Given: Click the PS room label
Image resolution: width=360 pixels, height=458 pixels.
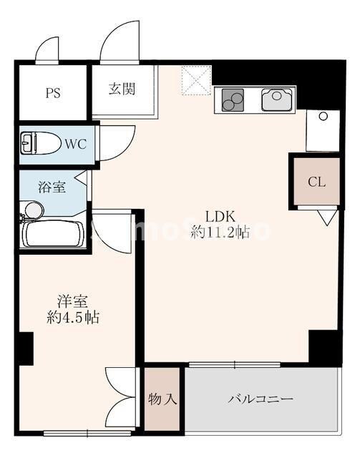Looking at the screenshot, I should (52, 92).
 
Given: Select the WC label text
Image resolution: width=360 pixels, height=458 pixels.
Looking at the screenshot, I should (76, 144).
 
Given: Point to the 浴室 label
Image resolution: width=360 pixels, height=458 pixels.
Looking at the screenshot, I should (52, 187).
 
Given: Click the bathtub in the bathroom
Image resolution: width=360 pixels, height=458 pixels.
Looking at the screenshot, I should (53, 233).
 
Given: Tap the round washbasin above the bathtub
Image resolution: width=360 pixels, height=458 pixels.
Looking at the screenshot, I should (32, 210).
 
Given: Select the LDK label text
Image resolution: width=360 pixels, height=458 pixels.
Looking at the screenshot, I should (220, 217).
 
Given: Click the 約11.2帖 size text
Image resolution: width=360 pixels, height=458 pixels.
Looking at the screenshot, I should (220, 233).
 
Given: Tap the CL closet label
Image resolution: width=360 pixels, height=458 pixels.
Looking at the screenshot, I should (316, 181).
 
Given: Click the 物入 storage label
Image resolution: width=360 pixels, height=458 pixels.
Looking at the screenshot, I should (162, 399).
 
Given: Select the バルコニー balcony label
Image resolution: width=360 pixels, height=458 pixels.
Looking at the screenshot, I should (261, 399).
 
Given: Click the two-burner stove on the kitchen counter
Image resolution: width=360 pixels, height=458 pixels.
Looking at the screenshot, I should (233, 100).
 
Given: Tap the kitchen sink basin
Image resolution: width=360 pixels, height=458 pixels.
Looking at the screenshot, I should (278, 100).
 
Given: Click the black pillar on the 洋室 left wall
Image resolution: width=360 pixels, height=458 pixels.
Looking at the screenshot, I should (26, 349).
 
